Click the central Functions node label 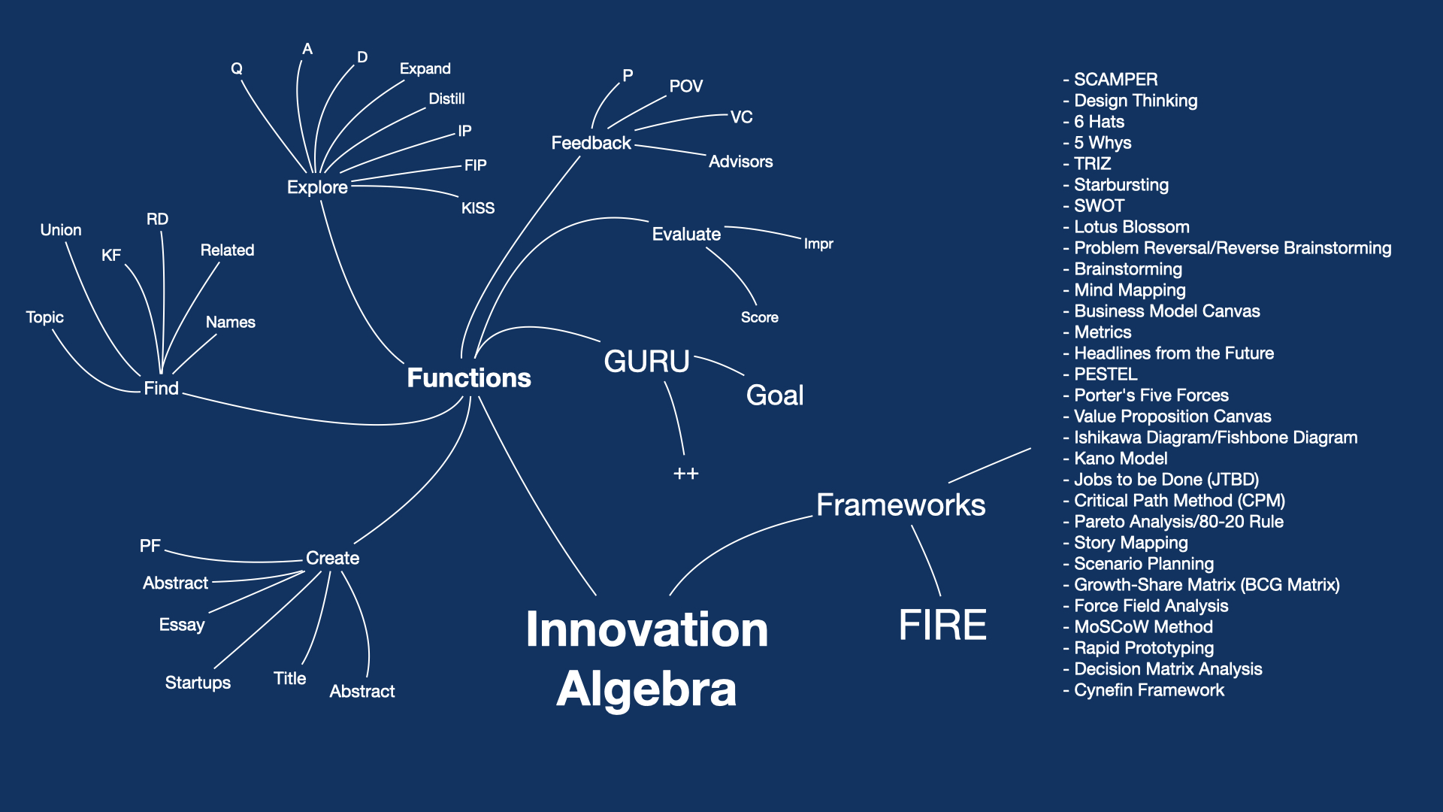tap(469, 377)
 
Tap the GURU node tap(646, 362)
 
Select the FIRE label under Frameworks tap(942, 625)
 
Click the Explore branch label tap(317, 187)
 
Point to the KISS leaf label tap(478, 208)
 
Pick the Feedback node tap(591, 143)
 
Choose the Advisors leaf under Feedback tap(740, 162)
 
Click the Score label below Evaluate tap(759, 317)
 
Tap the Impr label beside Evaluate tap(818, 244)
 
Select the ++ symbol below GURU tap(685, 474)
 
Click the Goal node tap(775, 395)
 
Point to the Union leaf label tap(61, 230)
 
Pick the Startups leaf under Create tap(198, 683)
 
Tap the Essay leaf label tap(182, 625)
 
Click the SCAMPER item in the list tap(1115, 80)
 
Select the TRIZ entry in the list tap(1092, 164)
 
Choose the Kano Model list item tap(1120, 459)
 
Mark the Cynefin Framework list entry tap(1148, 690)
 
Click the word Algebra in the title tap(646, 689)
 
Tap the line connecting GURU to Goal tap(719, 364)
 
